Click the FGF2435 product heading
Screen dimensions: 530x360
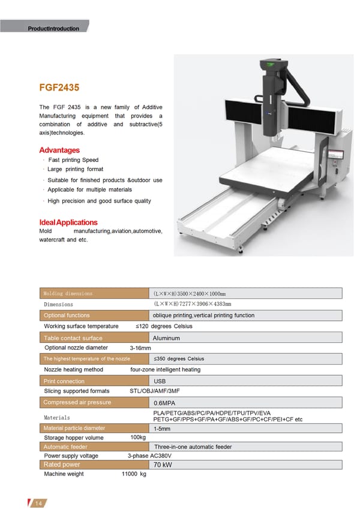click(59, 88)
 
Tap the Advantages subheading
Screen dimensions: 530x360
click(59, 150)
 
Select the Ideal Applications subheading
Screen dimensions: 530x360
click(68, 222)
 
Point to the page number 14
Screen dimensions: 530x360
click(38, 503)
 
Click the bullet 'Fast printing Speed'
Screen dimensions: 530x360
click(73, 160)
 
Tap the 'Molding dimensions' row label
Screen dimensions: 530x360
click(68, 294)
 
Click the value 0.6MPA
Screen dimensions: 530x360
click(164, 403)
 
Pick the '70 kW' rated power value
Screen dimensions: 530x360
click(163, 465)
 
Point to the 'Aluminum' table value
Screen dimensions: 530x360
click(166, 339)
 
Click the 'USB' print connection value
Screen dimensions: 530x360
click(160, 381)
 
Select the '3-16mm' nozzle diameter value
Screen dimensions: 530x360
click(140, 348)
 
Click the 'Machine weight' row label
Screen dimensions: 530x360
click(64, 474)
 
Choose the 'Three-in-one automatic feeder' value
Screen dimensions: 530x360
click(193, 447)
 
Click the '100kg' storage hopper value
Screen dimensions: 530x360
click(138, 438)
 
